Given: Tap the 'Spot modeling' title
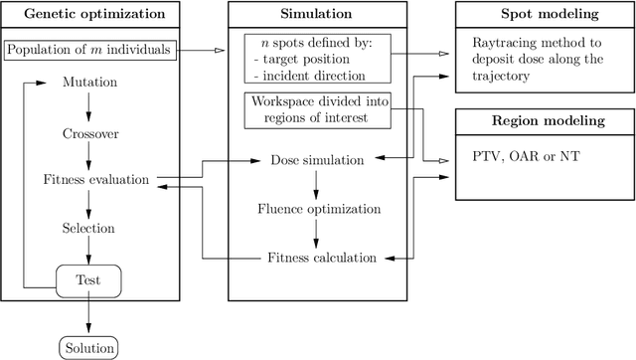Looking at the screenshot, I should click(x=545, y=14).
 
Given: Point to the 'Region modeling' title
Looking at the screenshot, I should click(x=545, y=121).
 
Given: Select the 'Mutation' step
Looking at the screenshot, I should click(x=90, y=82).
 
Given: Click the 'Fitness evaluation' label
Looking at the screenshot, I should click(x=95, y=180).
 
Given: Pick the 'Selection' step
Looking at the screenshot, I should click(x=90, y=228).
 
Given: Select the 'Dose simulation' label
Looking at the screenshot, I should click(x=316, y=160).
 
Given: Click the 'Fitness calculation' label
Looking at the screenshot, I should click(x=321, y=258).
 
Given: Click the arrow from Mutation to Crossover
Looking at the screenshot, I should click(x=90, y=106).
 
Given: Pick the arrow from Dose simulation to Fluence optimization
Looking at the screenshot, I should click(x=316, y=185).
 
